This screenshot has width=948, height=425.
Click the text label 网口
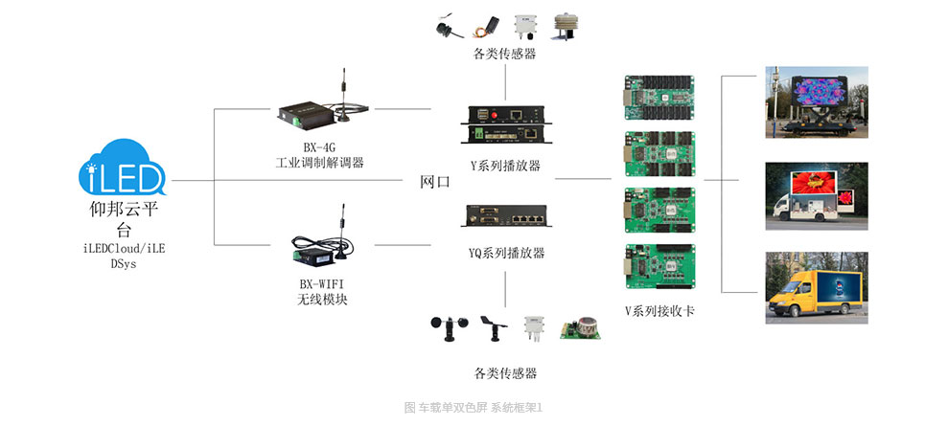pos(434,182)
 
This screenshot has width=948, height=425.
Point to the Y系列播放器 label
pos(505,166)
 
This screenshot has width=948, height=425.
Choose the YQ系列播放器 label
pos(506,254)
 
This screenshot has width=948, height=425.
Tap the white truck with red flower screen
pos(815,196)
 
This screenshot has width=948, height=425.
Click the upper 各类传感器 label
pos(504,54)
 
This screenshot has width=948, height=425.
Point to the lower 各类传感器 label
pos(505,373)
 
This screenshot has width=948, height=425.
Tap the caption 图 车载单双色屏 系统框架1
pos(474,408)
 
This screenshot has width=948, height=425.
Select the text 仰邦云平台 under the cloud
pos(123,219)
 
